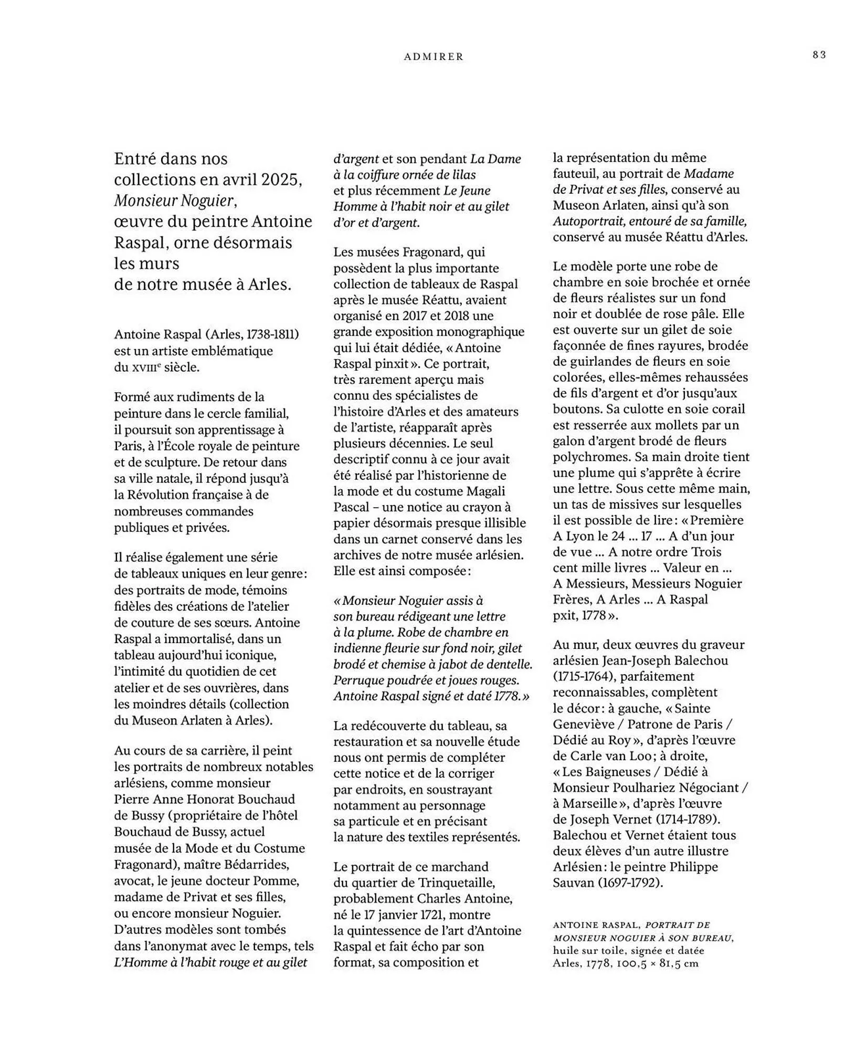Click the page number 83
[x=819, y=55]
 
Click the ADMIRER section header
[x=433, y=57]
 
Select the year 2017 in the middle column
[x=415, y=316]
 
